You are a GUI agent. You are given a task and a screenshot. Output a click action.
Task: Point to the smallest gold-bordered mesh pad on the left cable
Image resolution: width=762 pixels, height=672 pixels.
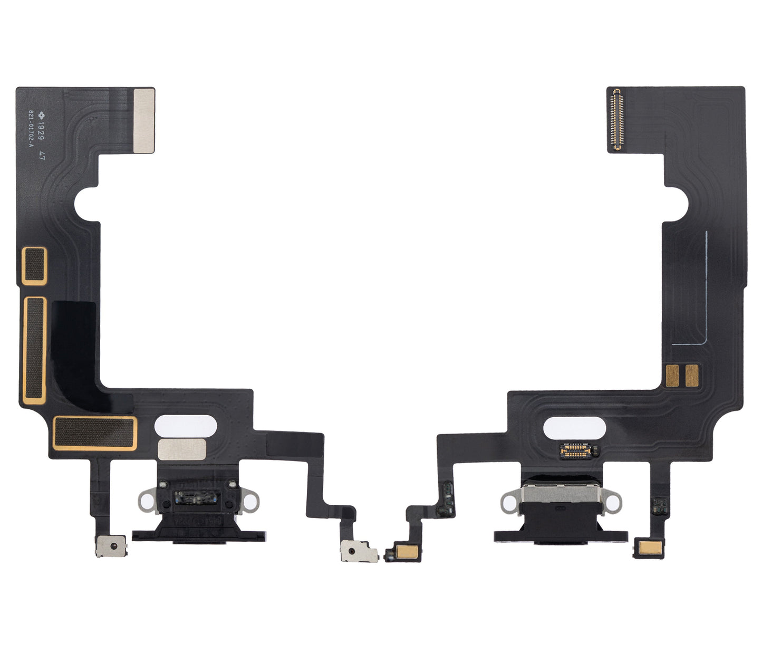[35, 266]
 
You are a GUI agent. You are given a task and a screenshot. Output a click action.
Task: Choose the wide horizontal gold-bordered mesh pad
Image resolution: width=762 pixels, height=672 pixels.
[95, 433]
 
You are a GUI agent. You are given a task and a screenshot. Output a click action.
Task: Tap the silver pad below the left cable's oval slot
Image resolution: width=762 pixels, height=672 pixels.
[182, 449]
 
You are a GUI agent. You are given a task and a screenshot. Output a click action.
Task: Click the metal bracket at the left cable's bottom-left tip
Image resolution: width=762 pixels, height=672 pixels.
[110, 546]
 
